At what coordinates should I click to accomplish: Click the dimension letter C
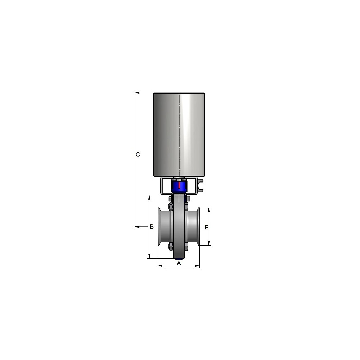(x=138, y=154)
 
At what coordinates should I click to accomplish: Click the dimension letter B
(x=152, y=226)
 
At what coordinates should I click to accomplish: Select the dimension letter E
(x=206, y=227)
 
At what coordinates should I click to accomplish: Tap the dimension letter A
(x=179, y=263)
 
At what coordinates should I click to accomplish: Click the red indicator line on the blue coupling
(x=179, y=185)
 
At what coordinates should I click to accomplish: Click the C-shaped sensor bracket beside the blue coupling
(x=200, y=185)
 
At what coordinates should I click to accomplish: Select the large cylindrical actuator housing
(x=179, y=135)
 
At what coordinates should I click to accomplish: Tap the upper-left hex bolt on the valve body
(x=170, y=206)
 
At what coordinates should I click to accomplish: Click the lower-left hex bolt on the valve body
(x=170, y=246)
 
